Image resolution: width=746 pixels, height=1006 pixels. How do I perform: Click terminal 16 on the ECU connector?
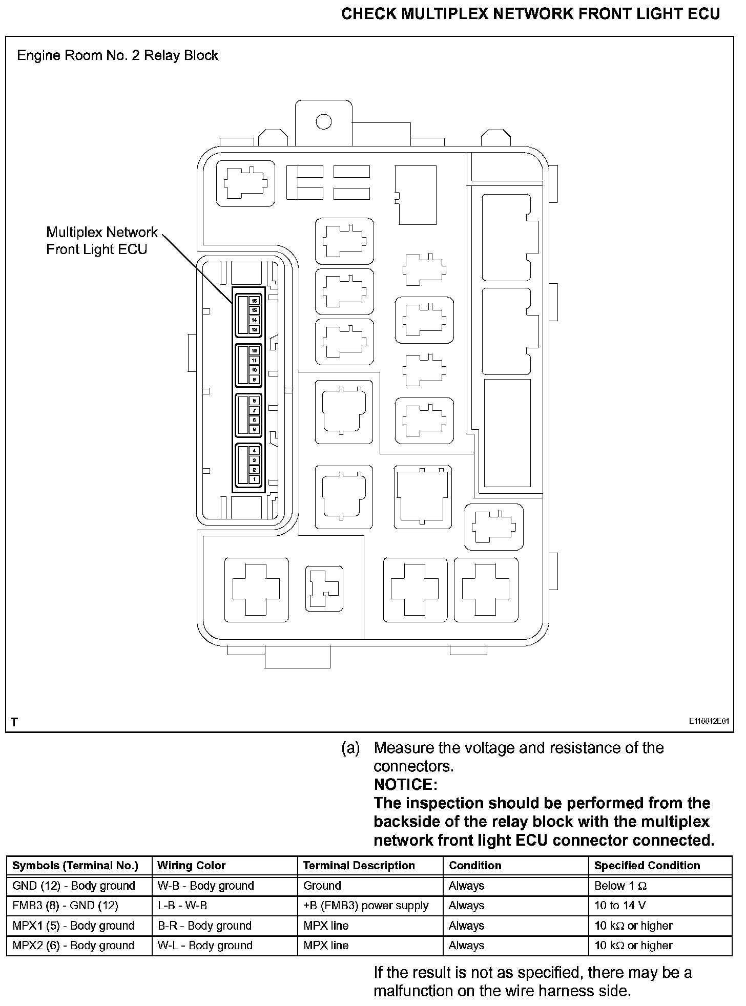[254, 301]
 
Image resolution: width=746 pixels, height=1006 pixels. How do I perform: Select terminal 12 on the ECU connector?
[254, 351]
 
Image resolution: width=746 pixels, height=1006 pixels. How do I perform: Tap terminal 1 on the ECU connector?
[254, 479]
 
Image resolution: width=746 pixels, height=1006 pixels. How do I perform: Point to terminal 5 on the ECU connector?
[254, 430]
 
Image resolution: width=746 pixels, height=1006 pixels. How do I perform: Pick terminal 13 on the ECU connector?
[254, 329]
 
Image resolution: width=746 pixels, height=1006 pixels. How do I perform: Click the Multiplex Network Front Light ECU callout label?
[102, 241]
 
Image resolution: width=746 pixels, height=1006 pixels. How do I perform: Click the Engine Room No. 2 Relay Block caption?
[117, 55]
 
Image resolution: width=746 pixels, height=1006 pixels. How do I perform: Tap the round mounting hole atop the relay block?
[323, 122]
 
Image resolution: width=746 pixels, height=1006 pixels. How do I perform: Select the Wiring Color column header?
[191, 865]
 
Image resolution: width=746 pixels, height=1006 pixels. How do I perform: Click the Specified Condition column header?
[647, 865]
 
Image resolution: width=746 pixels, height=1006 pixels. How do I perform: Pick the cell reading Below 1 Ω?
[620, 886]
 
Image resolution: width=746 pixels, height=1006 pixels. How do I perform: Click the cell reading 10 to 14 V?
[620, 906]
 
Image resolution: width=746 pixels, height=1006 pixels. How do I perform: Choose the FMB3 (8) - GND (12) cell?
[65, 906]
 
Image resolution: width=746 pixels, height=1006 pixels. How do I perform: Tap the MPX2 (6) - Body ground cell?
[73, 946]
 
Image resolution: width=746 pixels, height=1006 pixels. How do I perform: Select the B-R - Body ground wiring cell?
[204, 926]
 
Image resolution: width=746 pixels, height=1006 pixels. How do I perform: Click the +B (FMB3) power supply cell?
[365, 906]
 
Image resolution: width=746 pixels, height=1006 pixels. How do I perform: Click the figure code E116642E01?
[709, 721]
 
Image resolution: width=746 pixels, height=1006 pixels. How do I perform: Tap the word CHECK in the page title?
[368, 14]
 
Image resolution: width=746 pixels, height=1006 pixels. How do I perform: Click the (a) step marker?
[350, 748]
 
